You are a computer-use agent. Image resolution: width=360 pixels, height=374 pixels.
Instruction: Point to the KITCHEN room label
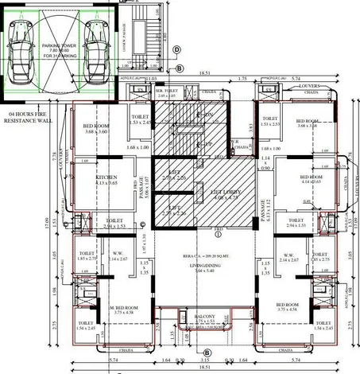tap(107, 179)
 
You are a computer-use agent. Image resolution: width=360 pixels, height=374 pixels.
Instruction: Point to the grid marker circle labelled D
tap(176, 49)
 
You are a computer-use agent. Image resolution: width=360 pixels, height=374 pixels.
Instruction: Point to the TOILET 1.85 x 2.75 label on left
tap(87, 256)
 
